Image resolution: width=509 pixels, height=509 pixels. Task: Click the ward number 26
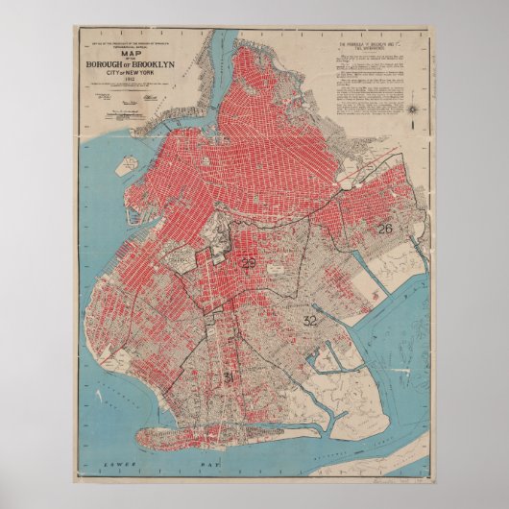384,229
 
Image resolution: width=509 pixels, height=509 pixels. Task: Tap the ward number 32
309,321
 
